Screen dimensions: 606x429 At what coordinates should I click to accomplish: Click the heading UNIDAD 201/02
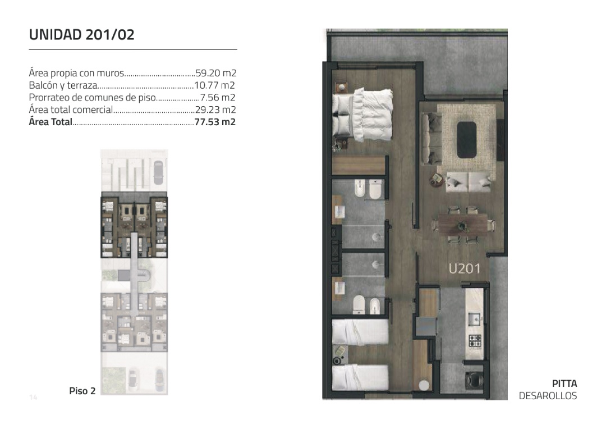point(81,35)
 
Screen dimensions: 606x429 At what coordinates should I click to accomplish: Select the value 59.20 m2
point(215,73)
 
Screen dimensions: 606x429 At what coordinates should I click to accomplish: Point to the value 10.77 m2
point(214,85)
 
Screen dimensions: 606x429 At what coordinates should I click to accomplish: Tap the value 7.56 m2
point(218,98)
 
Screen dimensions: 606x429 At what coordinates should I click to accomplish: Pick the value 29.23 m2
point(215,110)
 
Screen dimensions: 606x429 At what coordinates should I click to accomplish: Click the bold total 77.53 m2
point(215,122)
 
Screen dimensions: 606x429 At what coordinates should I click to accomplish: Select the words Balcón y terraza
point(63,85)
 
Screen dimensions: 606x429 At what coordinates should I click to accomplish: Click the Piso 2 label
point(82,391)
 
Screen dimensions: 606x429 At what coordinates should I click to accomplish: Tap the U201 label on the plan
point(464,268)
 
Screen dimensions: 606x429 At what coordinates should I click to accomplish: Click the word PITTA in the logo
point(564,384)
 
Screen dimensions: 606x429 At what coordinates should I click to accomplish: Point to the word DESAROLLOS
point(548,396)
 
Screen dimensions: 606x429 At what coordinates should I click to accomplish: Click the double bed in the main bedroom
point(362,115)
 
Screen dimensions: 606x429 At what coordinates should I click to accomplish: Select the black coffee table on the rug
point(467,140)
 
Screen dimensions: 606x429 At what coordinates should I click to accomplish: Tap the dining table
point(462,225)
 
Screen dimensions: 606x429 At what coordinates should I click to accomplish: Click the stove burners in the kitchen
point(475,341)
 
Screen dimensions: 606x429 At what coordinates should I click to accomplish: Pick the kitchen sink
point(475,320)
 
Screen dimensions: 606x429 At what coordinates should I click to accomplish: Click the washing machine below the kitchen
point(474,380)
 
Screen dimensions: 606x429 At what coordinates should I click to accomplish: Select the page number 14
point(33,398)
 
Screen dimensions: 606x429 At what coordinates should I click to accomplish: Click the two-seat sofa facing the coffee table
point(468,182)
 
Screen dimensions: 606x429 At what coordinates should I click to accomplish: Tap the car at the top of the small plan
point(158,172)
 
